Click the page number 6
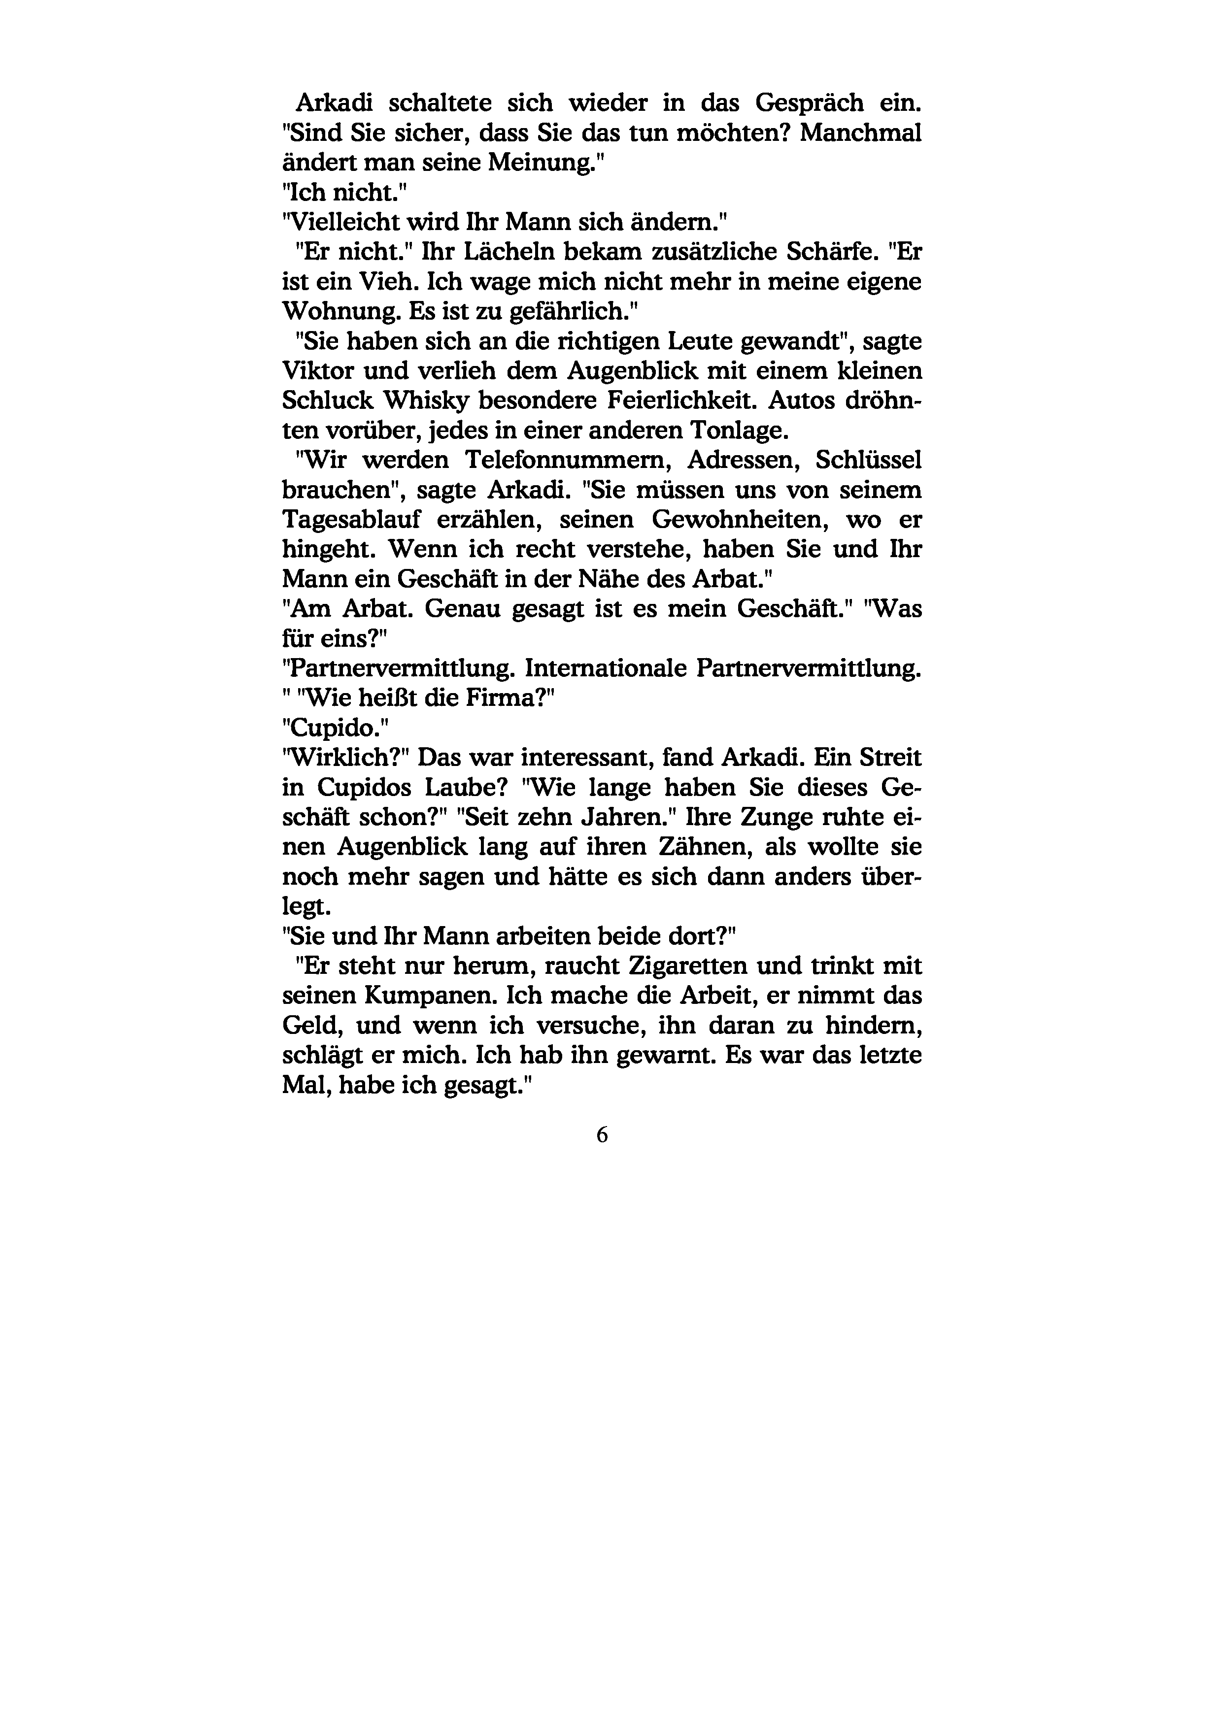click(x=602, y=1136)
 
